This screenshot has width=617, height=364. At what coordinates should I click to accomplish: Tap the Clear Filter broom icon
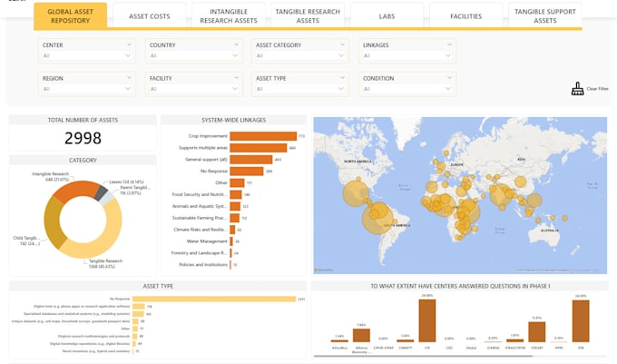577,89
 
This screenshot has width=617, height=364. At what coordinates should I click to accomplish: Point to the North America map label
356,162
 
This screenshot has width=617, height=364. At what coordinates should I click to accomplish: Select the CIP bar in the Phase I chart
426,320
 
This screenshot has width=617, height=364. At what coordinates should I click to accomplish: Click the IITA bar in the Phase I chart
581,320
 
